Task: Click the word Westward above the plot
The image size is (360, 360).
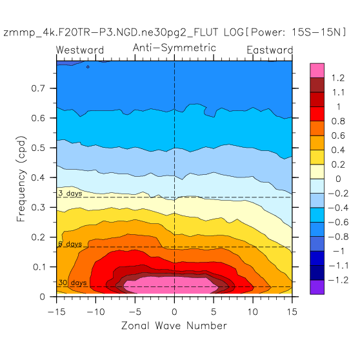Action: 80,50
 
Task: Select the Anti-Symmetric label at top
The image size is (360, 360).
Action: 174,48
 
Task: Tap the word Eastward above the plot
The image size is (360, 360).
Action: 270,50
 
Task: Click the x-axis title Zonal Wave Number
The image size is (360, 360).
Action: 174,326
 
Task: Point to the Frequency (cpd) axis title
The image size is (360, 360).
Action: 21,179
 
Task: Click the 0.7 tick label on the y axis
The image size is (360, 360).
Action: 38,88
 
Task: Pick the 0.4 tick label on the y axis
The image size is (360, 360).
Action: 38,177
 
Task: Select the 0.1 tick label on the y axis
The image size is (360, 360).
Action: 39,267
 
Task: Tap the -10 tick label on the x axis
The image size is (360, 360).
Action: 95,312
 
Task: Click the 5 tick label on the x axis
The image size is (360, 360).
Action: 214,312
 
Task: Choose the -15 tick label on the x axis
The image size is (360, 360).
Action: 57,312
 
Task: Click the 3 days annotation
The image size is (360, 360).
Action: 70,194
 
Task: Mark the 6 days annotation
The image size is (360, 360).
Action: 70,244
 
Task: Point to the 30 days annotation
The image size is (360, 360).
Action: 72,283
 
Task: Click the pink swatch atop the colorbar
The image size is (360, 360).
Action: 317,70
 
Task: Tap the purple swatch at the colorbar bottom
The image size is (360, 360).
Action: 317,287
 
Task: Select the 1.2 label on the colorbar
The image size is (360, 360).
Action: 338,78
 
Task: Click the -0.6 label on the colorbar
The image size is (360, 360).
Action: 338,222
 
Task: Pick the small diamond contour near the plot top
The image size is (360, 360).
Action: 88,67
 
